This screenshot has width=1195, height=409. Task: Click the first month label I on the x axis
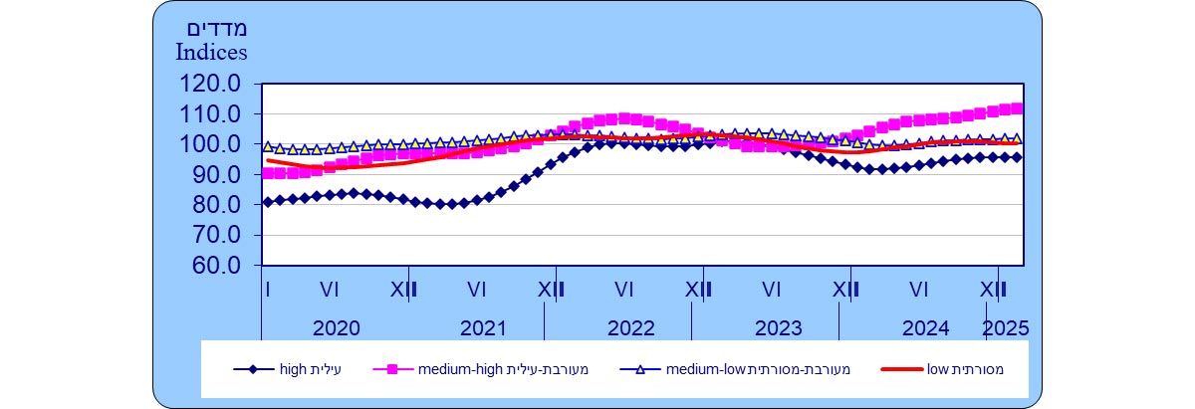coord(268,290)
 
